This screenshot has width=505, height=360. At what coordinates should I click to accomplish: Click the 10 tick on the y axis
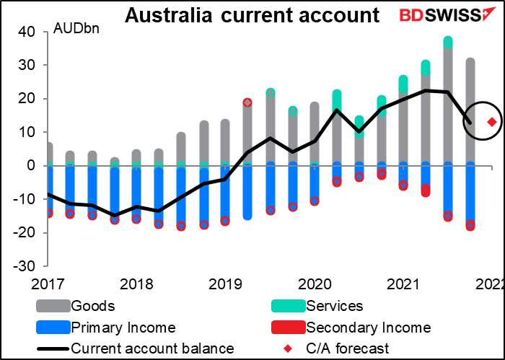(x=28, y=132)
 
